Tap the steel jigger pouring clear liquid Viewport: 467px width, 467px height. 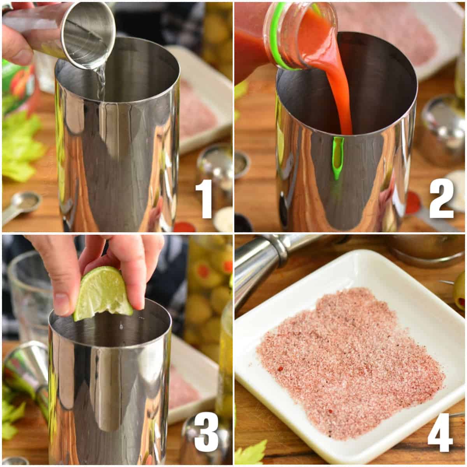(x=88, y=37)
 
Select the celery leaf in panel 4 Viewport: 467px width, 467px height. (x=251, y=453)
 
